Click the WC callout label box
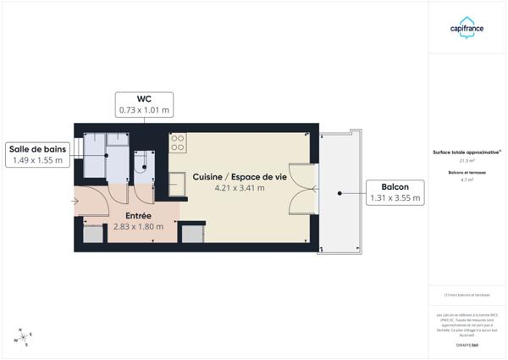click(144, 104)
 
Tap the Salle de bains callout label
click(38, 155)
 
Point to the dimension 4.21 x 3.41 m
click(240, 188)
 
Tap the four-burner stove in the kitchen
click(178, 143)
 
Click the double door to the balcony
click(302, 188)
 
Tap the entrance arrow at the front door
click(75, 202)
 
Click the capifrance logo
click(467, 28)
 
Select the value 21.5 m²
click(467, 160)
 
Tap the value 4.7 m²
click(467, 180)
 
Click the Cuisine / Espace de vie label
click(240, 176)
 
